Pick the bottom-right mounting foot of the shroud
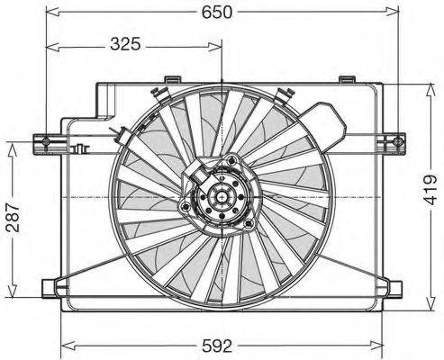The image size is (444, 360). click(394, 288)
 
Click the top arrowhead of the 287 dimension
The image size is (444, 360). click(12, 146)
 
